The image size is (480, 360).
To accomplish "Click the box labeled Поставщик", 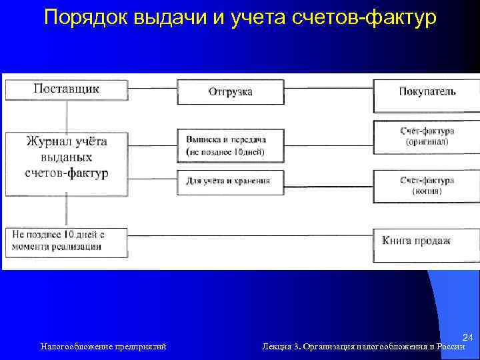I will [66, 89].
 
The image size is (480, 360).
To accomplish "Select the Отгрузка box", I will [230, 92].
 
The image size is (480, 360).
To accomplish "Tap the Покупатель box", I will [427, 92].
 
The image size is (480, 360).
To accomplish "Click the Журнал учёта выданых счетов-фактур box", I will [66, 157].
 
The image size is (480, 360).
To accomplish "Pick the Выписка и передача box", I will [230, 145].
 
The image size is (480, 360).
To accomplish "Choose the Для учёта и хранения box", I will [230, 181].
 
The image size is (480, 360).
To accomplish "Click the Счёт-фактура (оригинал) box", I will [427, 137].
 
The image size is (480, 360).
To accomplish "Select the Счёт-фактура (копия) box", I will [427, 185].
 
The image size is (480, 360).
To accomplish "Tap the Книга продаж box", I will [427, 241].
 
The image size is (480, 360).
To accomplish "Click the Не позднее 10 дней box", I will [66, 241].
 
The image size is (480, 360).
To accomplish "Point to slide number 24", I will [467, 338].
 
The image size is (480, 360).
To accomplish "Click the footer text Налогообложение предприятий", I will [103, 346].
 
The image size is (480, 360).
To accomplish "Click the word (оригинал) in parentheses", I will [427, 142].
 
